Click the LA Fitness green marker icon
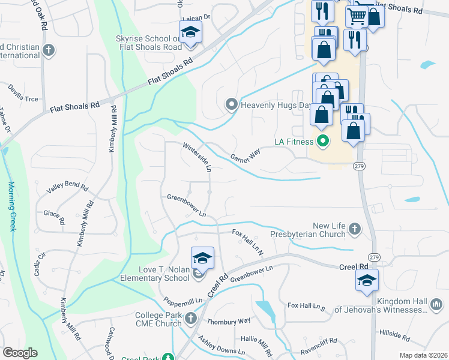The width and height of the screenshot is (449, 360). coord(322,142)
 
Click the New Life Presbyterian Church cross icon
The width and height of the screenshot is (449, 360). coord(355,229)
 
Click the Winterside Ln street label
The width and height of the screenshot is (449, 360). coord(197,158)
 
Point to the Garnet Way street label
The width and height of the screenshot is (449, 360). coord(246,156)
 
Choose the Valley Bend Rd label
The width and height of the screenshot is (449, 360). coord(67,188)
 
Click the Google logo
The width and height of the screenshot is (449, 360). coord(20,353)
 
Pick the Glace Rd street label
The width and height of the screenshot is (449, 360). coord(53,217)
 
